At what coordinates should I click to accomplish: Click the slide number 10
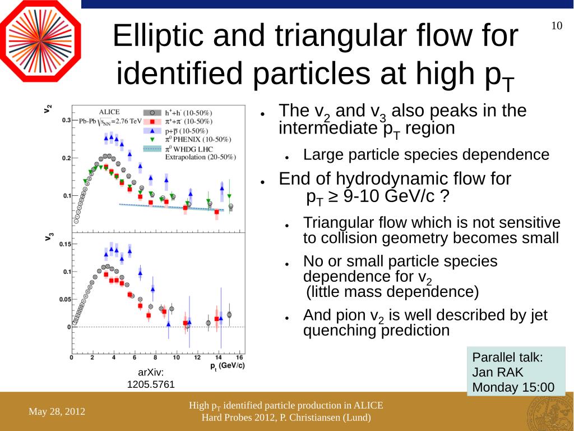coord(557,26)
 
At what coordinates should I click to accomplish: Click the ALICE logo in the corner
coord(40,41)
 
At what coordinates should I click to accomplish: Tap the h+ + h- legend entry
coord(188,112)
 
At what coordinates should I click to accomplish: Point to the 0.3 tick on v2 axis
coord(66,120)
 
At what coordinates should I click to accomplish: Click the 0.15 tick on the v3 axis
coord(64,244)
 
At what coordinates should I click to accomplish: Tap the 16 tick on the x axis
coord(239,358)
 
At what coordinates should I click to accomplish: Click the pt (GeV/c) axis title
coord(227,366)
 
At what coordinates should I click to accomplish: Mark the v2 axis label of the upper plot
coord(49,108)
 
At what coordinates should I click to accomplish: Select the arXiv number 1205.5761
coord(151,384)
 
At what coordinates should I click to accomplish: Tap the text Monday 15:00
coord(513,387)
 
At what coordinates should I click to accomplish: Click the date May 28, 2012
coord(57,412)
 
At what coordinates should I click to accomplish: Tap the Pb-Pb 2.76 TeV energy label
coord(110,120)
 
